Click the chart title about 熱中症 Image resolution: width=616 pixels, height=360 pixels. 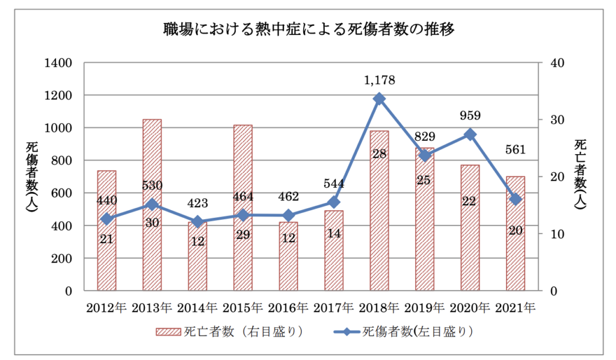tap(307, 28)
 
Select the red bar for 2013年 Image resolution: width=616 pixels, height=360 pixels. tap(152, 205)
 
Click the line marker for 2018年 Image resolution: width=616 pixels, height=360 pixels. tap(379, 99)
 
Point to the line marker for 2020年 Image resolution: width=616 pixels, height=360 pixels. tap(470, 134)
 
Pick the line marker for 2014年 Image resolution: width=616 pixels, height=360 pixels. tap(197, 222)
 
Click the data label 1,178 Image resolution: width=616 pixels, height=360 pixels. tap(380, 79)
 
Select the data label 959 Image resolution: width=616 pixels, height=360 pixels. tap(470, 116)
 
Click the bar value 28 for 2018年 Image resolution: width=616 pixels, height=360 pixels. tap(379, 154)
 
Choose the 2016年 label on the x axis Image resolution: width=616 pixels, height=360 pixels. tap(288, 307)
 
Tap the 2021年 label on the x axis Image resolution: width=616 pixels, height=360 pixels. tap(516, 307)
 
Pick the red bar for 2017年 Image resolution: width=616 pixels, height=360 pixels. tap(334, 250)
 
